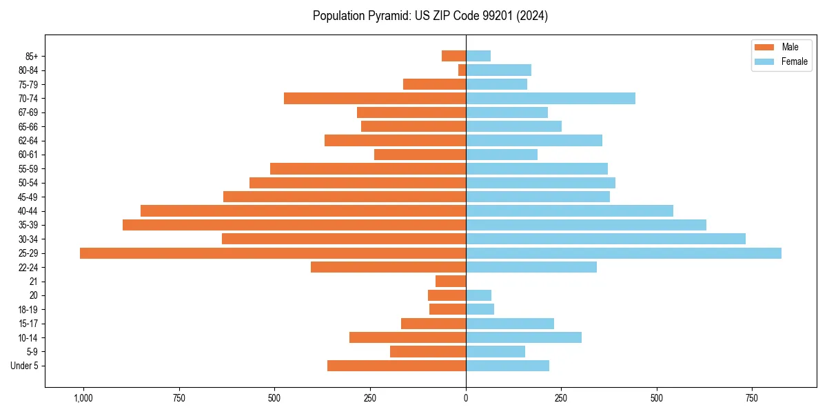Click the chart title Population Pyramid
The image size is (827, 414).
click(x=430, y=16)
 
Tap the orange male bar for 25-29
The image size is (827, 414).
click(x=273, y=253)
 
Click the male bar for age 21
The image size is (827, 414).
click(x=451, y=282)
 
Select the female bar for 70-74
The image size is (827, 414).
click(x=551, y=99)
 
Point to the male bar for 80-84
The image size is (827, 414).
click(x=462, y=70)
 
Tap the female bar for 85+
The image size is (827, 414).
click(x=478, y=56)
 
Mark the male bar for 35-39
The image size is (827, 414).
click(x=294, y=225)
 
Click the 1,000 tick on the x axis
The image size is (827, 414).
click(x=83, y=398)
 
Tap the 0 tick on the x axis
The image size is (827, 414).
click(x=466, y=398)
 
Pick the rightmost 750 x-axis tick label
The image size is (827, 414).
click(x=752, y=398)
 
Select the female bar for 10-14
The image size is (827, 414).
click(x=524, y=337)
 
